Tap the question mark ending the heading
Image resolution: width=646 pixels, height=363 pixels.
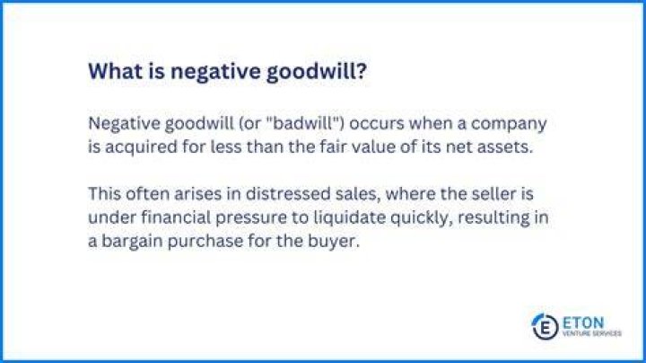coord(361,71)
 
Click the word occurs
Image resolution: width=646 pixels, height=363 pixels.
coord(377,124)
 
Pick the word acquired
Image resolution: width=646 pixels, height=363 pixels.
coord(141,147)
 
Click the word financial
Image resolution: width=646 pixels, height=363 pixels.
coord(176,217)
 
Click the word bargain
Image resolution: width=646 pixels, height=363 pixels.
coord(131,242)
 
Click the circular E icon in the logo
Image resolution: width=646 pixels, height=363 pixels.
coord(545,327)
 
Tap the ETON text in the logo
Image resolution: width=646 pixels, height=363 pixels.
coord(583,323)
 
